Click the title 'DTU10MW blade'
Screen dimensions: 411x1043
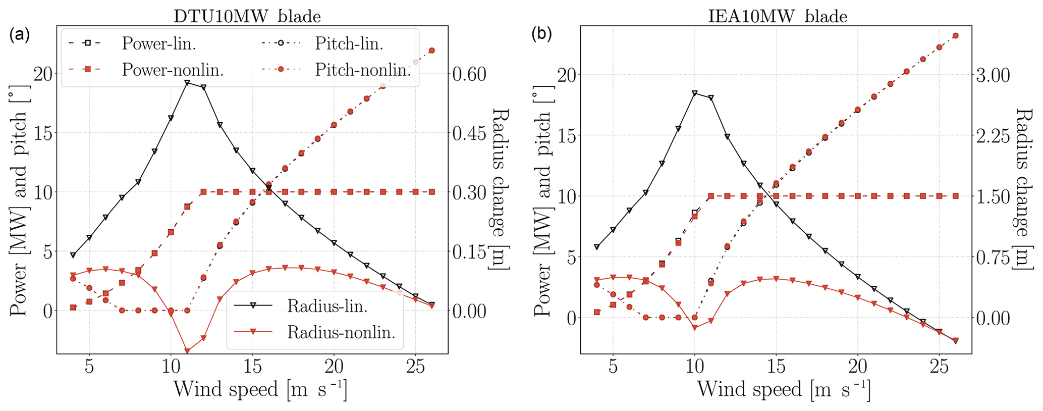pos(247,16)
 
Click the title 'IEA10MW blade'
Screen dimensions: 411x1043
pos(777,16)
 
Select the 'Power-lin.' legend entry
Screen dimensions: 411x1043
pos(158,43)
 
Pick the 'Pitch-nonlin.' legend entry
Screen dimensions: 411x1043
pos(362,70)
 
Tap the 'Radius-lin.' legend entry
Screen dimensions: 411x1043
pos(327,305)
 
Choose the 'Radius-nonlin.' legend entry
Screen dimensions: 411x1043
pos(341,332)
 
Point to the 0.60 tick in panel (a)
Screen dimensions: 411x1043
pos(469,74)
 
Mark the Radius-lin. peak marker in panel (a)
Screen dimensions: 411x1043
pos(187,82)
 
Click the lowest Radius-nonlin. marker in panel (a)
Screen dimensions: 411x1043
pos(187,351)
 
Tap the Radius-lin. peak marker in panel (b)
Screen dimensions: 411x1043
pos(695,93)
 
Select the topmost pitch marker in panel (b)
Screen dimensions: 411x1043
pos(955,35)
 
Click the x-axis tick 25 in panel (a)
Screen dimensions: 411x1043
pos(415,367)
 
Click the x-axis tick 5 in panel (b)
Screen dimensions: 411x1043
pos(613,367)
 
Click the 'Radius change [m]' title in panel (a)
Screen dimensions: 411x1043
pos(500,189)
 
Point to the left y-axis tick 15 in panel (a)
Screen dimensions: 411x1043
pos(43,133)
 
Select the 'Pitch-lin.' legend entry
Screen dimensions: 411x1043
pos(349,43)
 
